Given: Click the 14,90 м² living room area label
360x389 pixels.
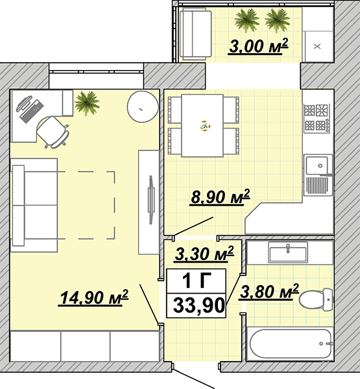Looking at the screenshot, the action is pyautogui.click(x=93, y=298).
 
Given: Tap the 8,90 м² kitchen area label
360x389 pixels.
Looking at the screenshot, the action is pyautogui.click(x=220, y=197).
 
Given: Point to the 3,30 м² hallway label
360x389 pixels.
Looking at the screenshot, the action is pyautogui.click(x=204, y=253).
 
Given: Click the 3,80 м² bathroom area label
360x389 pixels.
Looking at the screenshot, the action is pyautogui.click(x=269, y=292).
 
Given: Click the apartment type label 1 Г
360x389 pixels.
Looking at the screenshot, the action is pyautogui.click(x=197, y=281).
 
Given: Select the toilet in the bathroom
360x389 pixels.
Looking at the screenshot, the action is pyautogui.click(x=316, y=300).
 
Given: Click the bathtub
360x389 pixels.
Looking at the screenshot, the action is pyautogui.click(x=290, y=344).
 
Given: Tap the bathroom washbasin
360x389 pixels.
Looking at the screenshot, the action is pyautogui.click(x=288, y=252).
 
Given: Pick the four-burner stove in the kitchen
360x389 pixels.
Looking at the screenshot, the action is pyautogui.click(x=317, y=117).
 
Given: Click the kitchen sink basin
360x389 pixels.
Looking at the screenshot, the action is pyautogui.click(x=317, y=165).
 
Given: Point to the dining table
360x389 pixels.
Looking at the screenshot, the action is pyautogui.click(x=202, y=126).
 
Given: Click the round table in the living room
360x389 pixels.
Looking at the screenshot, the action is pyautogui.click(x=143, y=106).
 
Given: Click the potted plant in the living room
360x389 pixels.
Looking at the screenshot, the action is pyautogui.click(x=87, y=102).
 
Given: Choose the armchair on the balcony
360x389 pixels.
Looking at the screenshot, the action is pyautogui.click(x=196, y=34).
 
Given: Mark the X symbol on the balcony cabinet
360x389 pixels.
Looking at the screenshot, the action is pyautogui.click(x=317, y=46).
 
